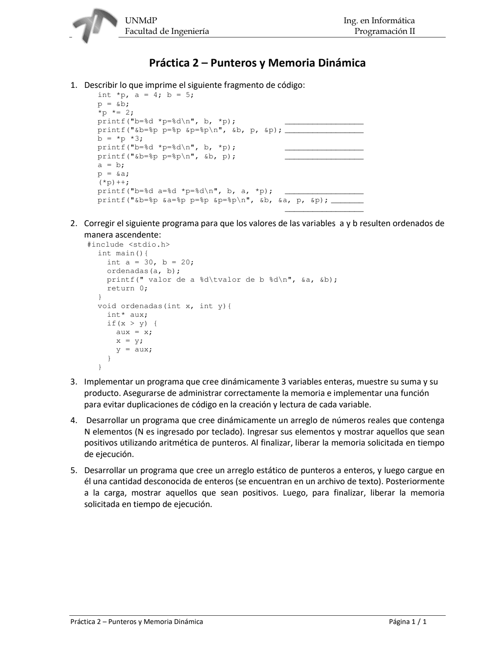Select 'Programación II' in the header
pos(385,31)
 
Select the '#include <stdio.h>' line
pos(128,245)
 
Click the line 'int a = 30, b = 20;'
pos(150,262)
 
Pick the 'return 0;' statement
pos(127,288)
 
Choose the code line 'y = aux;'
pos(134,349)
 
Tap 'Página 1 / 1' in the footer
pos(408,622)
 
